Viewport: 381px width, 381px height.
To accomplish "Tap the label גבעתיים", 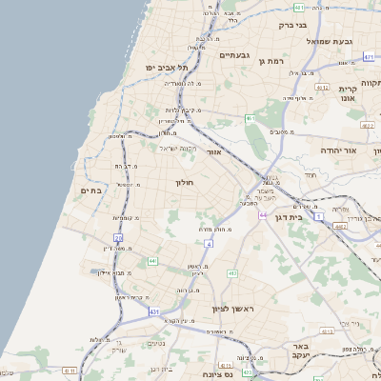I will (x=234, y=54).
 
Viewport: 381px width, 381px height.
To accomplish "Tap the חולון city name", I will (x=184, y=181).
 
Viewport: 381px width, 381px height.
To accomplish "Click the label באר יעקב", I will (x=302, y=350).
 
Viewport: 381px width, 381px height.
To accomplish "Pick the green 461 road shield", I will (x=250, y=118).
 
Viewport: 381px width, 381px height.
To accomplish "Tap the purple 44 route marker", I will (x=262, y=215).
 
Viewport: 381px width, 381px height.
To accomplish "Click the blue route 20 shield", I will (x=118, y=237).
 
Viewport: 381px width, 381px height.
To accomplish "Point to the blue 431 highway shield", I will (x=154, y=311).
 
